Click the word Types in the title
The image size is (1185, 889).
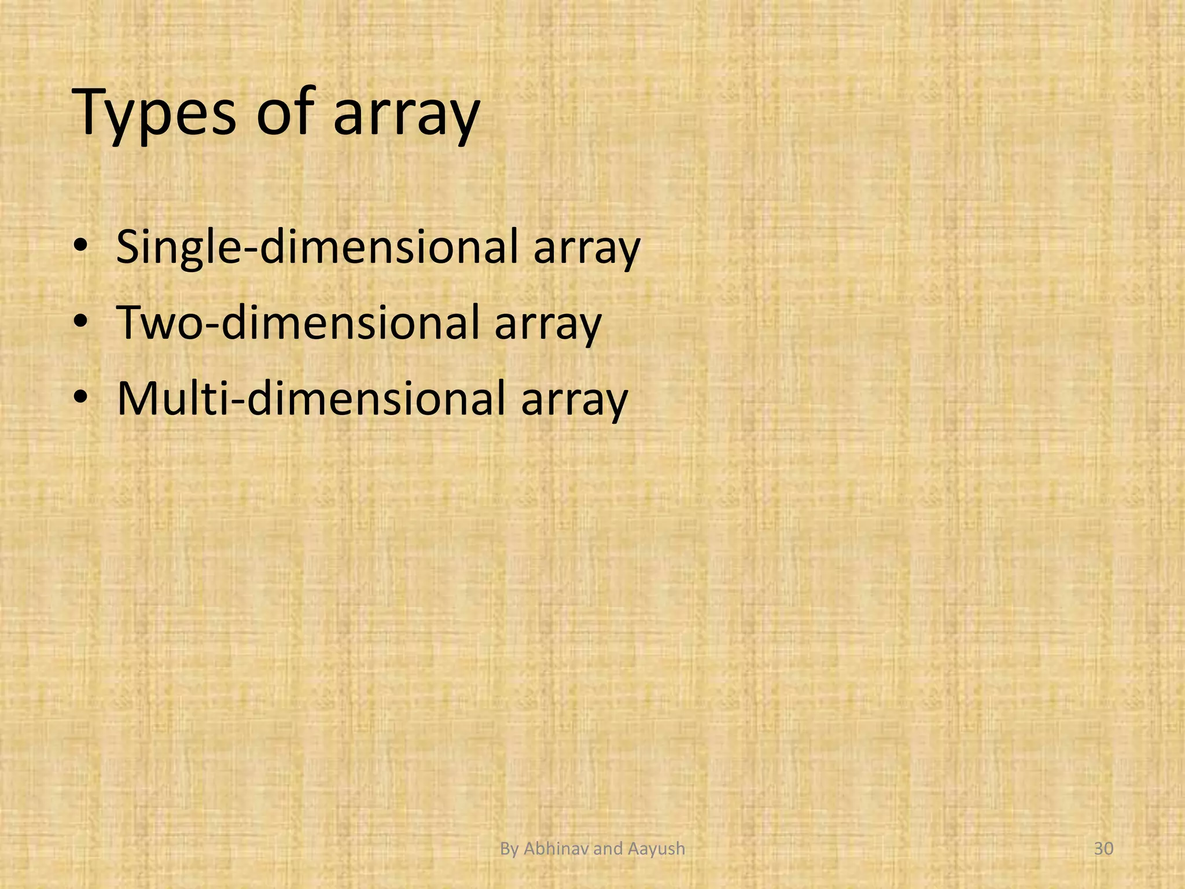point(154,113)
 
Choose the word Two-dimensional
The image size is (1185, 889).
point(298,322)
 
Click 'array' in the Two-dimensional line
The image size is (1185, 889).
point(548,325)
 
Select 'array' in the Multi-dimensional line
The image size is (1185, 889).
point(574,400)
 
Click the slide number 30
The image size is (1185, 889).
point(1104,848)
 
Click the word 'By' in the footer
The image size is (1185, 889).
point(509,849)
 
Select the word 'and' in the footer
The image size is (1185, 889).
point(608,848)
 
